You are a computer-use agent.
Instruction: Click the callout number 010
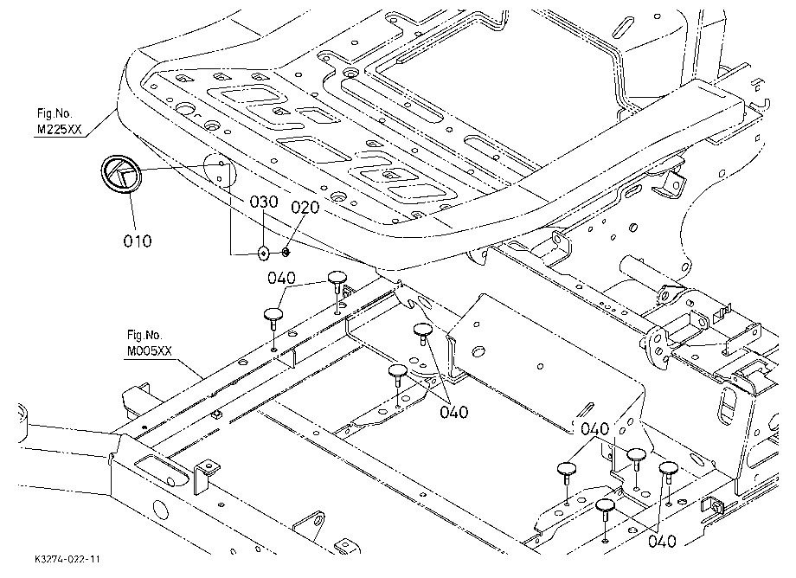pos(137,241)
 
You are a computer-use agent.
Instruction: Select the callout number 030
pos(264,202)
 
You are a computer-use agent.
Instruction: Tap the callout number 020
pos(305,208)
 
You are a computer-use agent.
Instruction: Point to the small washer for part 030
pos(264,252)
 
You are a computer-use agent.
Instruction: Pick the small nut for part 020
pos(286,251)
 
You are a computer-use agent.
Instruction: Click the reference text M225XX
pos(58,130)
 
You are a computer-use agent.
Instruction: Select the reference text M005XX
pos(149,351)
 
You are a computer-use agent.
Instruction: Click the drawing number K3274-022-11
pos(68,559)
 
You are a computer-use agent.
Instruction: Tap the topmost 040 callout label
pos(282,278)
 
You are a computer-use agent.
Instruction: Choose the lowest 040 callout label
pos(662,542)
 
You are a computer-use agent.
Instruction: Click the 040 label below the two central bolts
pos(454,412)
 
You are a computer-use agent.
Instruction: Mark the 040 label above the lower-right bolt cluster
pos(594,429)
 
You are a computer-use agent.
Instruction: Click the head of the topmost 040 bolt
pos(337,277)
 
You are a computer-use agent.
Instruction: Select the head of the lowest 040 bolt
pos(605,505)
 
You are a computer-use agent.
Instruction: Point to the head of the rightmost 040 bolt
pos(669,467)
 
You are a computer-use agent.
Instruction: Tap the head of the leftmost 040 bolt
pos(273,313)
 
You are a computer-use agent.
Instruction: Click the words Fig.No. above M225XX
pos(55,113)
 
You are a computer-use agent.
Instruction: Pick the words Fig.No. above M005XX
pos(144,335)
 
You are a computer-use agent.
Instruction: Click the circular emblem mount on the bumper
pos(220,169)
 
